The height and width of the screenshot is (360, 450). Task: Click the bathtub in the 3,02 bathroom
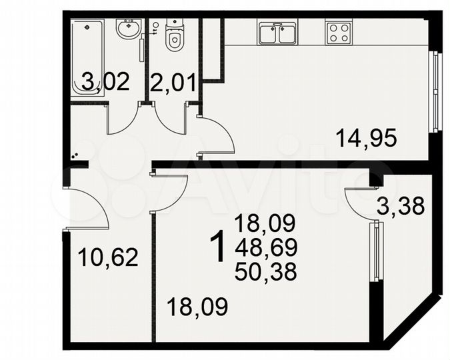point(88,50)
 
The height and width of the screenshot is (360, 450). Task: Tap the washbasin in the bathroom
point(128,29)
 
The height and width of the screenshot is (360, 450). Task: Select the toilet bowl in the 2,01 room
point(174,37)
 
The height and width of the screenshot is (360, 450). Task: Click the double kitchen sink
point(277,33)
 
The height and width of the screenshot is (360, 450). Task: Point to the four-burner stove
point(338,32)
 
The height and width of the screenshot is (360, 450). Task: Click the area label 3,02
point(105,83)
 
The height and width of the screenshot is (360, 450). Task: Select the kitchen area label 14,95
point(366,138)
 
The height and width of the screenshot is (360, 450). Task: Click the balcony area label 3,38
point(401,205)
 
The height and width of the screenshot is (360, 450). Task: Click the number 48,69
point(265,247)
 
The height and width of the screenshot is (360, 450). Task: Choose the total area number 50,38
point(265,271)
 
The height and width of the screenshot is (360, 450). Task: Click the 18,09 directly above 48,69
point(265,223)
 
